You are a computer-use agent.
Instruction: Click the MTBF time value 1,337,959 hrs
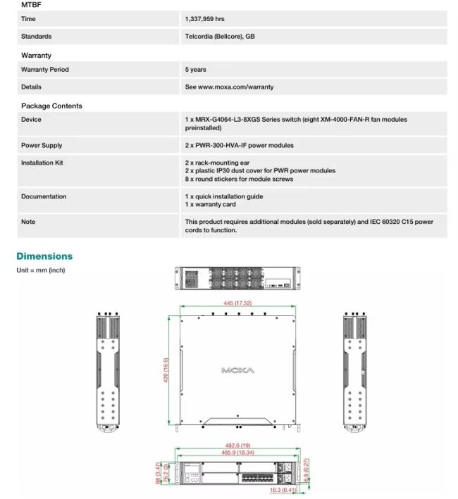tap(205, 19)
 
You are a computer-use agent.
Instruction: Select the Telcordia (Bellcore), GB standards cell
tap(220, 37)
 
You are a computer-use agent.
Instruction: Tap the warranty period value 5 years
tap(196, 70)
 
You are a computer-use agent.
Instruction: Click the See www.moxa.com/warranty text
tap(229, 87)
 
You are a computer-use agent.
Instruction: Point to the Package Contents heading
tap(51, 106)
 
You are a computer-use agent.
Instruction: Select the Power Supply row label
tap(42, 146)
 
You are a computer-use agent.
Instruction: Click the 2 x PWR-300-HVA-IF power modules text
tap(240, 146)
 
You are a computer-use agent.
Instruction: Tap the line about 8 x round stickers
tap(239, 179)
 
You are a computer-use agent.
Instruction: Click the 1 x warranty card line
tap(211, 205)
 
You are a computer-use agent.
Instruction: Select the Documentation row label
tap(44, 197)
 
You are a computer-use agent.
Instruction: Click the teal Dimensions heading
tap(44, 256)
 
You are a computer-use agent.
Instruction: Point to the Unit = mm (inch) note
tap(41, 270)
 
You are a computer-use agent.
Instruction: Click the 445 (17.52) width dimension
tap(237, 303)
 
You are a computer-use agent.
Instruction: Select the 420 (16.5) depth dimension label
tap(166, 370)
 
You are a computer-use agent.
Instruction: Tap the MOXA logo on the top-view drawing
tap(237, 370)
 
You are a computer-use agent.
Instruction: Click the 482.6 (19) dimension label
tap(237, 446)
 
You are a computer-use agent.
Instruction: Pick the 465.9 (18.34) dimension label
tap(237, 453)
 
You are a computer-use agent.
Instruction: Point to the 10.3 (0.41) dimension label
tap(283, 490)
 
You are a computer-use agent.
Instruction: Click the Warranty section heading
tap(37, 56)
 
